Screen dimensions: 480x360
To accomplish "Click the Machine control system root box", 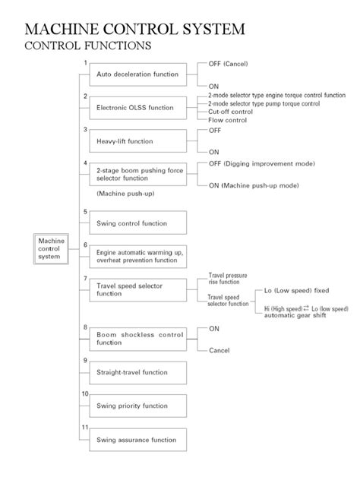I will point(49,249).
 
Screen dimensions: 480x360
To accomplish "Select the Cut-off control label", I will point(231,111).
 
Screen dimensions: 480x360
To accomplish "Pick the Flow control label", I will point(227,120).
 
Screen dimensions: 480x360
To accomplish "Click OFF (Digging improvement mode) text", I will point(261,164).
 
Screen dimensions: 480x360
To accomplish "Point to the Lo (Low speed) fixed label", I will point(296,290).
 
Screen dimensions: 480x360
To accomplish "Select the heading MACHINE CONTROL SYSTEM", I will point(135,30).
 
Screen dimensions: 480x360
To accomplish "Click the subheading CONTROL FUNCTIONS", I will point(88,47).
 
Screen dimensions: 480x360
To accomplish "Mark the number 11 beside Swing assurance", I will point(86,428).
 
